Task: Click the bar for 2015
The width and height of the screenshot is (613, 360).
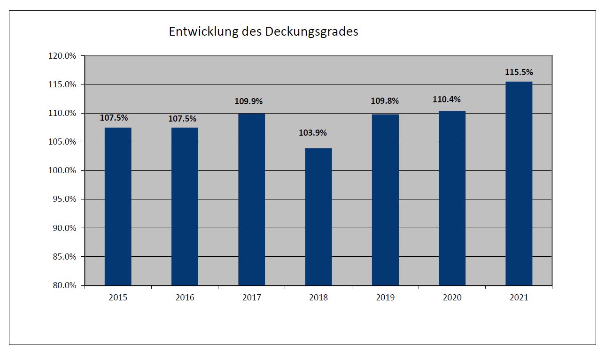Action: point(118,207)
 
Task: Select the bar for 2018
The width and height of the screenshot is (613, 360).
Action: point(318,217)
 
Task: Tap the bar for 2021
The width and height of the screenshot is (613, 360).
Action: point(519,184)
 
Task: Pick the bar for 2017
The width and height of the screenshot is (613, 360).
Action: point(251,199)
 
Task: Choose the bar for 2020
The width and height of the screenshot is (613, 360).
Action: point(452,198)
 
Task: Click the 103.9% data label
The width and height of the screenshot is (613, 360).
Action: point(318,133)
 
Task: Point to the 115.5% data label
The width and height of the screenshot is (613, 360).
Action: point(519,72)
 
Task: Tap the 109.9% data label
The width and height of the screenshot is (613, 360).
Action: point(248,101)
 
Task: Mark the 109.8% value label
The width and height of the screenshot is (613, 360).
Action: point(385,101)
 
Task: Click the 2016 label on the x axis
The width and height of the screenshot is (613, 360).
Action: point(185,298)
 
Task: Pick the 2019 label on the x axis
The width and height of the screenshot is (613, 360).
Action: point(385,298)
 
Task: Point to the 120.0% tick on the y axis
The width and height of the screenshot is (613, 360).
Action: point(62,56)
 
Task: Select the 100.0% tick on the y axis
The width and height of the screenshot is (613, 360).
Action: point(62,170)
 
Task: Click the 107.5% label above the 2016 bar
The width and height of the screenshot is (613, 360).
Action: point(182,119)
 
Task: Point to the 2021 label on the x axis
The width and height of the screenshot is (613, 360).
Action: point(519,298)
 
